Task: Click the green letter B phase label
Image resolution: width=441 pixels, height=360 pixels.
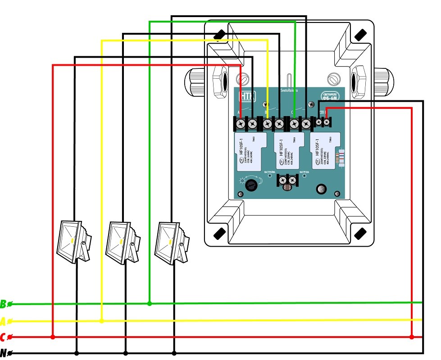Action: click(x=4, y=305)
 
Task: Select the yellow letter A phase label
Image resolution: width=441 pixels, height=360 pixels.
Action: click(x=4, y=321)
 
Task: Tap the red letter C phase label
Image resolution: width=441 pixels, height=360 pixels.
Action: click(x=4, y=337)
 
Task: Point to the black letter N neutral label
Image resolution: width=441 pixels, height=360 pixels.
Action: click(x=4, y=354)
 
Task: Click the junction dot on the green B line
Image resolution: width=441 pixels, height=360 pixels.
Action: click(x=150, y=304)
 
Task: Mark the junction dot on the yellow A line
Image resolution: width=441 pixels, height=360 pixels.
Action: click(x=102, y=321)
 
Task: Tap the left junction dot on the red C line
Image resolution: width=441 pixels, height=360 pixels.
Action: click(x=53, y=337)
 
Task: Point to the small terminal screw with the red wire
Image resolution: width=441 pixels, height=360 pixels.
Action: click(x=326, y=122)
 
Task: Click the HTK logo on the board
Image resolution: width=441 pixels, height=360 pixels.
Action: click(x=247, y=96)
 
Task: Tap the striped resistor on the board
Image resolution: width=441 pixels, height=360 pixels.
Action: click(x=341, y=157)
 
